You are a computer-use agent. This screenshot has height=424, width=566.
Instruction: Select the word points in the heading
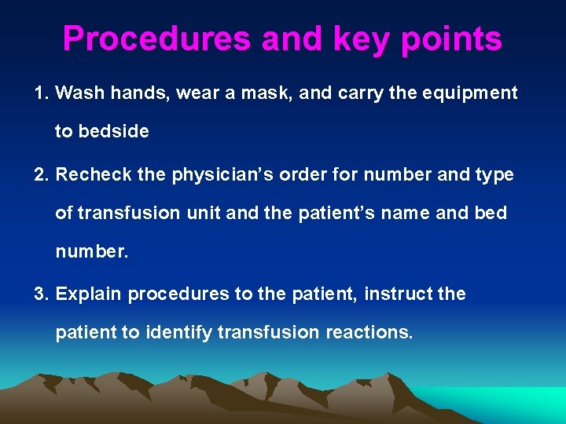(x=451, y=39)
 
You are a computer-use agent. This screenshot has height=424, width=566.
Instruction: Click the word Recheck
(x=94, y=175)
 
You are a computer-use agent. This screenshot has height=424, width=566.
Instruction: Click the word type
(x=494, y=175)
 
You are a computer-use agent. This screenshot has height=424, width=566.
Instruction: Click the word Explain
(x=89, y=294)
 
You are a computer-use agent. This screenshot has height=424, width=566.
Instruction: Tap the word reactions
(x=369, y=332)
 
